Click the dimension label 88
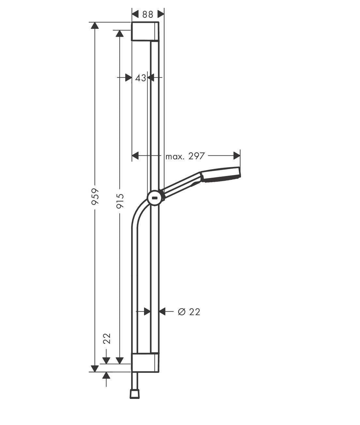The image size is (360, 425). [x=148, y=14]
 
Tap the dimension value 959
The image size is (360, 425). [x=95, y=196]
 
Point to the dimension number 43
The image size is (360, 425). [x=141, y=78]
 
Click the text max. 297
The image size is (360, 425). [x=185, y=156]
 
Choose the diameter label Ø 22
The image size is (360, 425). [x=189, y=312]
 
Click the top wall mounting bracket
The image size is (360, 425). [x=145, y=31]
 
